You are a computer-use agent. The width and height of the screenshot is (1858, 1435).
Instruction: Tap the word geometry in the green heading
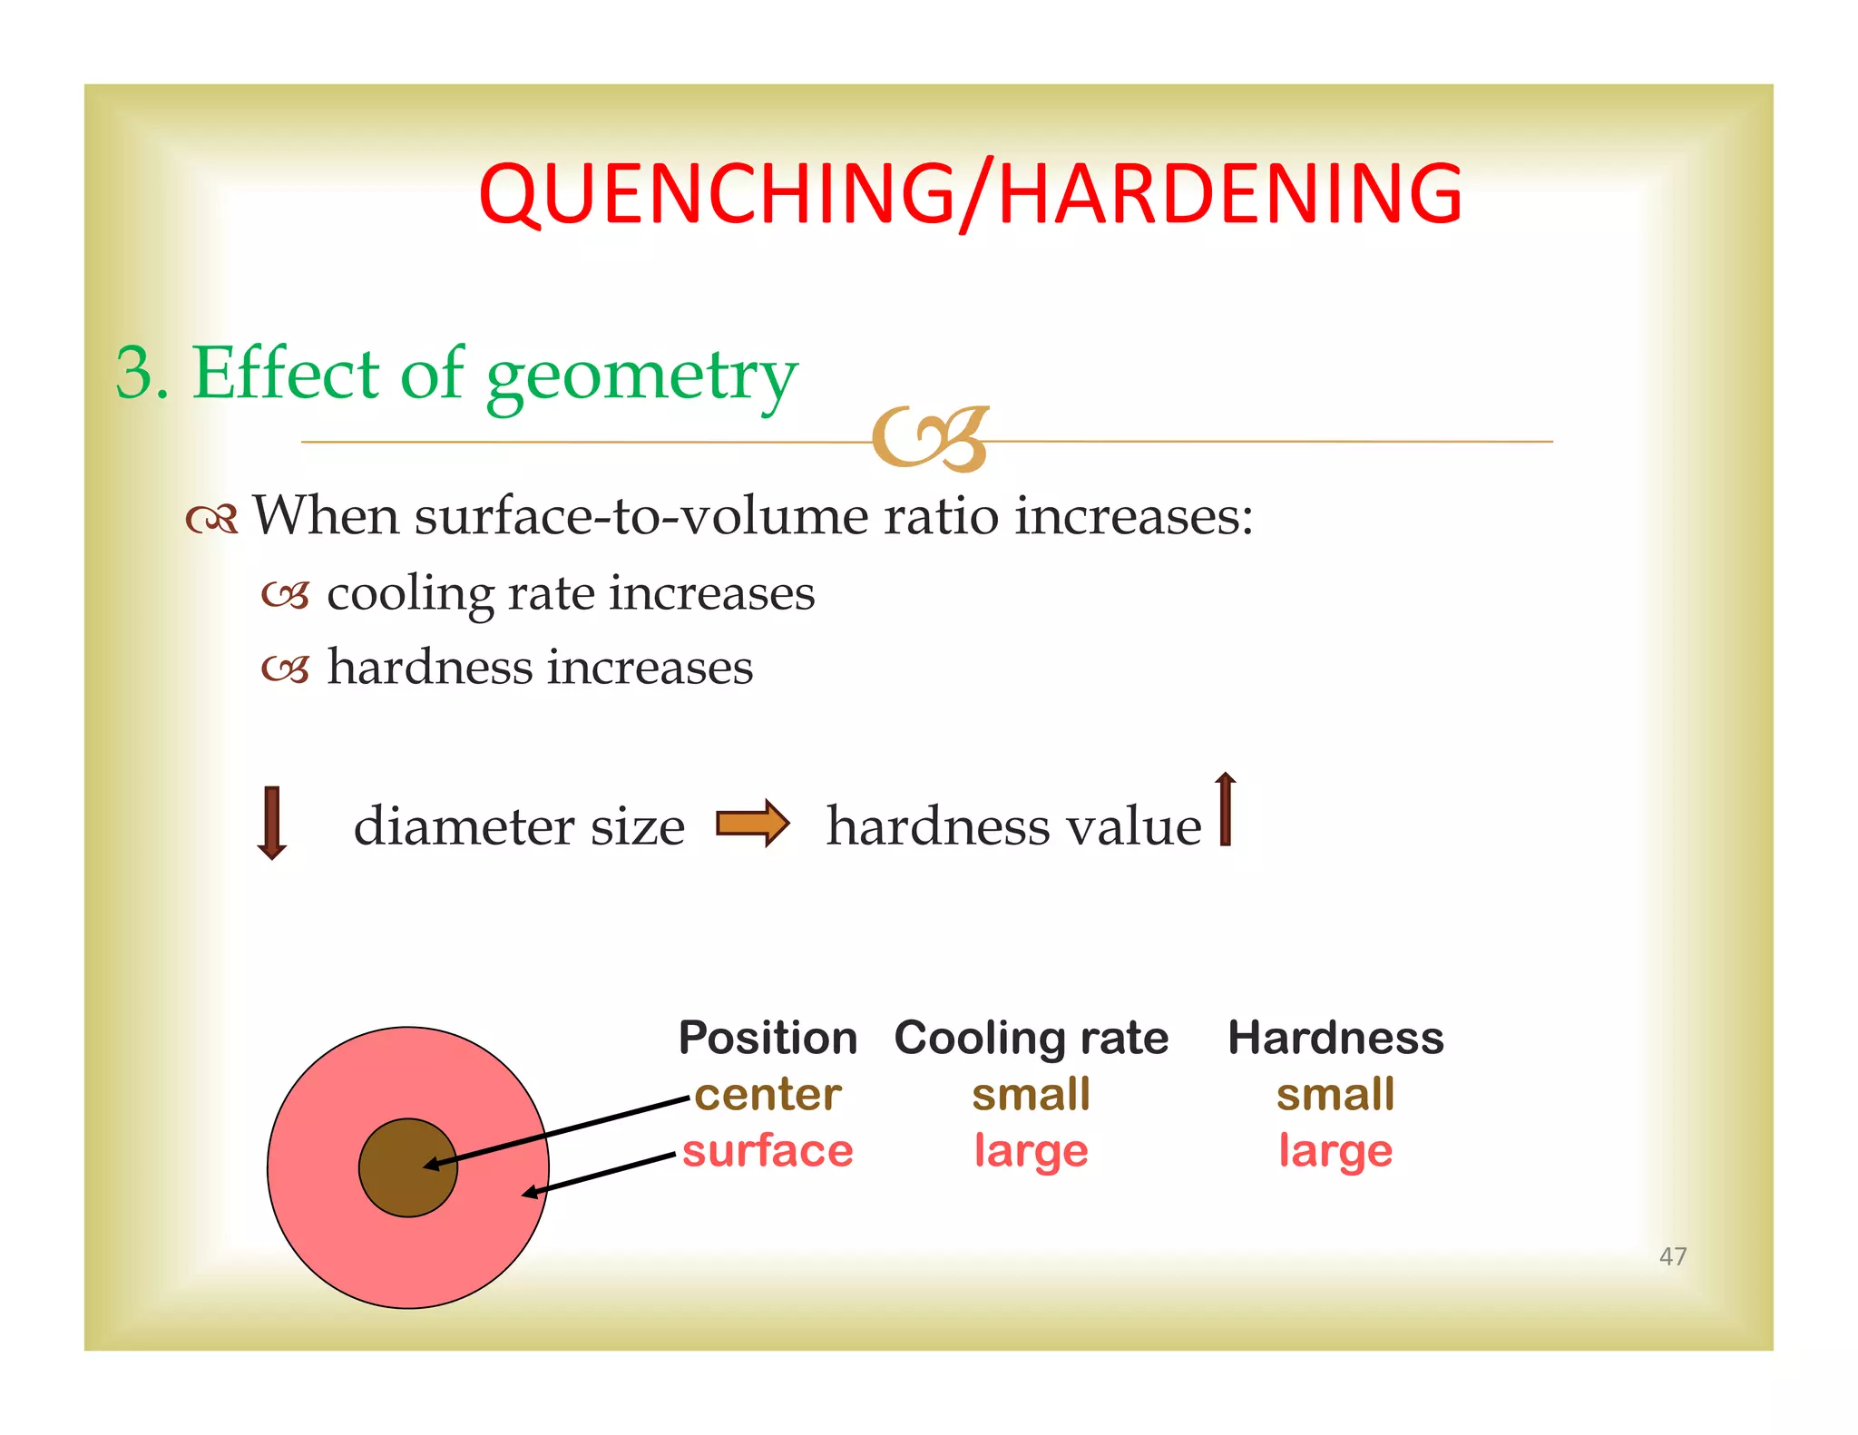641,376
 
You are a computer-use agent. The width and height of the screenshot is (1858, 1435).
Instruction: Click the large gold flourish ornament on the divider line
930,439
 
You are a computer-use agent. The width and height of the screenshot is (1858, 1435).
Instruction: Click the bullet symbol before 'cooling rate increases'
286,595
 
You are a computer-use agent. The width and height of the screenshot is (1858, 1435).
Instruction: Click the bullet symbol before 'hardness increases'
286,669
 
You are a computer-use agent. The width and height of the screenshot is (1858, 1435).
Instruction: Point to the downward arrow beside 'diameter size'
271,823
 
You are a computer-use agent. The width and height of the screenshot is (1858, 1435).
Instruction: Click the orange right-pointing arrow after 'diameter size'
753,823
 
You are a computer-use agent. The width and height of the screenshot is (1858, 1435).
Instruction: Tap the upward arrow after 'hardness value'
1225,809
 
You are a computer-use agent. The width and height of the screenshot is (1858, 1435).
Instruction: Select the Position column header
768,1038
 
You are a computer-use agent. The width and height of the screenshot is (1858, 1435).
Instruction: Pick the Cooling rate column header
1031,1038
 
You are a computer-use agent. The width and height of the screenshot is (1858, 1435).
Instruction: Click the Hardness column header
1335,1038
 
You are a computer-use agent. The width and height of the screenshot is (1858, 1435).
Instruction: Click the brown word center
768,1095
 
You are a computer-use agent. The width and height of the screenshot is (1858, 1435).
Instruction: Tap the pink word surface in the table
768,1151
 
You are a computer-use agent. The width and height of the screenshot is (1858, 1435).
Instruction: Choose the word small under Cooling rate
1031,1095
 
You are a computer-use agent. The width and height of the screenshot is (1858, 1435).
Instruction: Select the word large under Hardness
1335,1151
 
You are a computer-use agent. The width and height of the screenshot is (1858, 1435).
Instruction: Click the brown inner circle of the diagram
390,1179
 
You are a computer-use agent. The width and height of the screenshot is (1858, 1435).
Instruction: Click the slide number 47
1672,1256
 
